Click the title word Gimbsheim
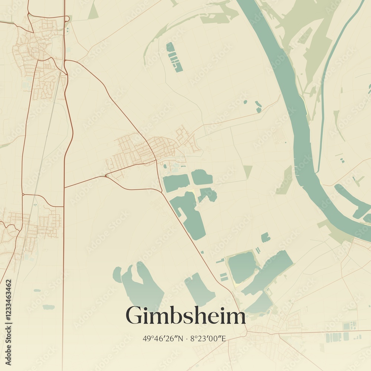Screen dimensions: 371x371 (185, 316)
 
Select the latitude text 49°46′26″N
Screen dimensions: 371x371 (163, 338)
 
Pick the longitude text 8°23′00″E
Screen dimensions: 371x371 (208, 338)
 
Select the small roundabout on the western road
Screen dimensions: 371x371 (23, 194)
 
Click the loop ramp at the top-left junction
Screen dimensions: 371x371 (67, 19)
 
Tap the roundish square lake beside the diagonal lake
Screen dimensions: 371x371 (242, 266)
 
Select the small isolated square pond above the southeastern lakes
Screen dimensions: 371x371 (265, 237)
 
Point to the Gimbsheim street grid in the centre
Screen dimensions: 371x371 (141, 150)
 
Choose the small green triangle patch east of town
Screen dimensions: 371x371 (247, 171)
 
